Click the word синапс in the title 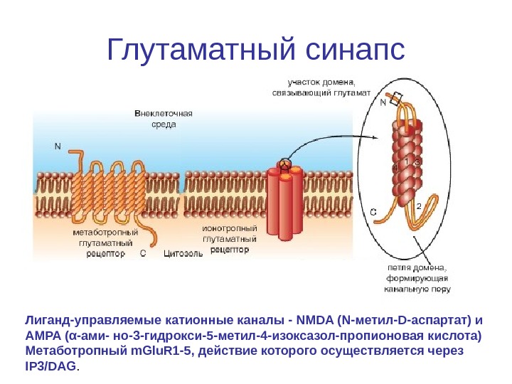pos(355,49)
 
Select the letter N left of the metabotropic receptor pos(58,146)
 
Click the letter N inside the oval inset pos(383,102)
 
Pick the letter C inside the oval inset pos(374,211)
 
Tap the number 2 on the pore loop pos(419,206)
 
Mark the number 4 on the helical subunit pos(395,168)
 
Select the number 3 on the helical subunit pos(417,163)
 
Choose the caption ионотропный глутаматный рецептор pos(230,240)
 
